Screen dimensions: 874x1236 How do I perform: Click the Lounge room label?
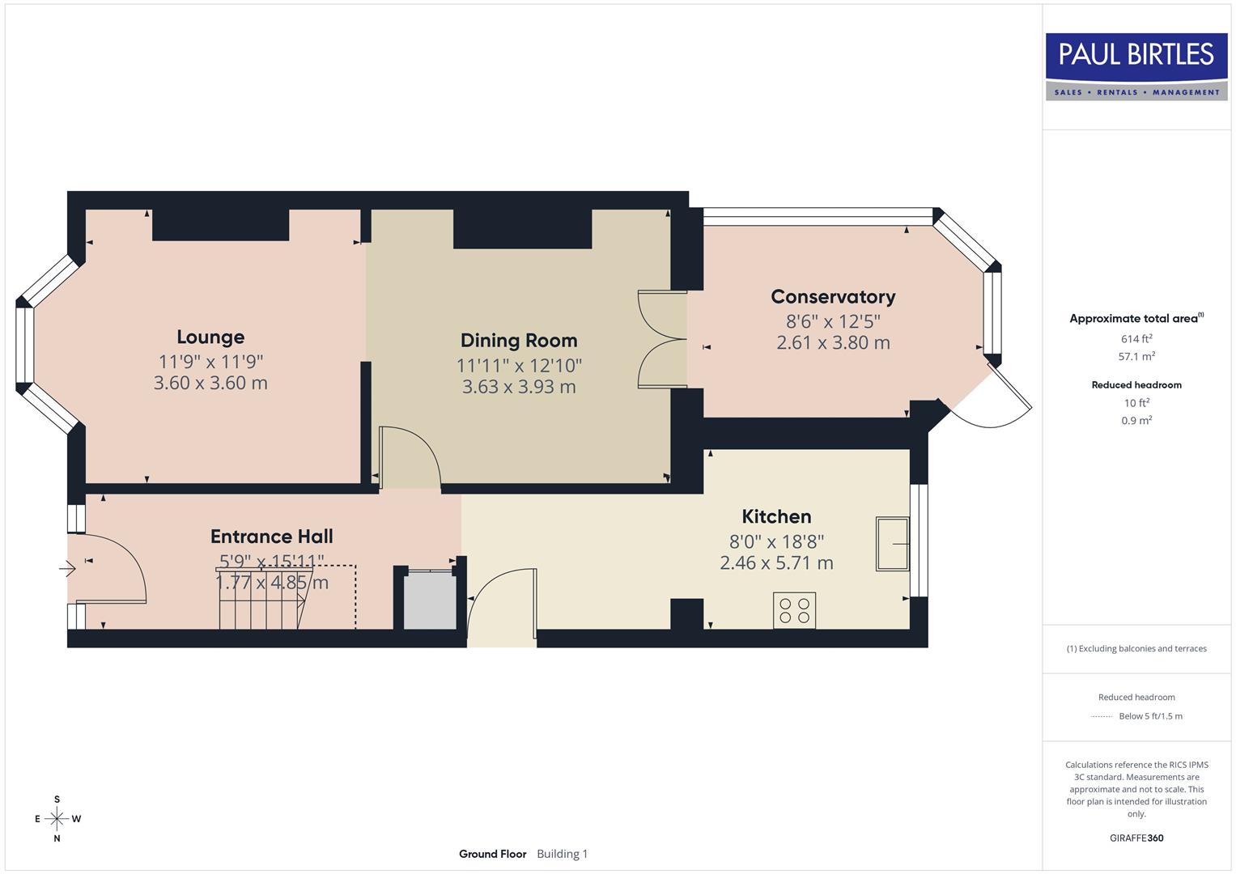pos(210,337)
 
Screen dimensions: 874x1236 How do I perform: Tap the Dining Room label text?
pos(519,340)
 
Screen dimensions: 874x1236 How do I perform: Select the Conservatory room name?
pos(833,296)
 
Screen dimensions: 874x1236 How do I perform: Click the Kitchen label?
pos(776,516)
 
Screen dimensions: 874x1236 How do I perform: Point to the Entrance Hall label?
pos(272,536)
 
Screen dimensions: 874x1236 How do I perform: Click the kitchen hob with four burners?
pos(794,610)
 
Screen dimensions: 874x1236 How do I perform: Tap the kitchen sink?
pos(892,544)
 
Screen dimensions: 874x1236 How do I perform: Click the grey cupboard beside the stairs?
pos(430,600)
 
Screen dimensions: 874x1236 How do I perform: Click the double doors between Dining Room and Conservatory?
pos(662,339)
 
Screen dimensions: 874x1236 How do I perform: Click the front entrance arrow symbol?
pos(67,570)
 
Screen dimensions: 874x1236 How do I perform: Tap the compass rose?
pos(57,819)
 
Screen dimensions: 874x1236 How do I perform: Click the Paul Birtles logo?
pos(1136,66)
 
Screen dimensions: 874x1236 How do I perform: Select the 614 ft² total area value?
pos(1136,339)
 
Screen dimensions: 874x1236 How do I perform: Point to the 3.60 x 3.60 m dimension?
pos(210,383)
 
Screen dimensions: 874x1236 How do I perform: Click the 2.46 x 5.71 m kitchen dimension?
pos(776,562)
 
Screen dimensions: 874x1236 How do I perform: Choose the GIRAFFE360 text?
pos(1136,838)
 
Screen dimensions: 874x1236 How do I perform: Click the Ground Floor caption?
pos(492,854)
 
